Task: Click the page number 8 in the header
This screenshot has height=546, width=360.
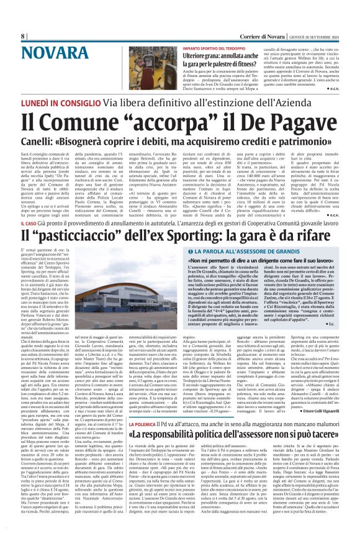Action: (23, 35)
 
